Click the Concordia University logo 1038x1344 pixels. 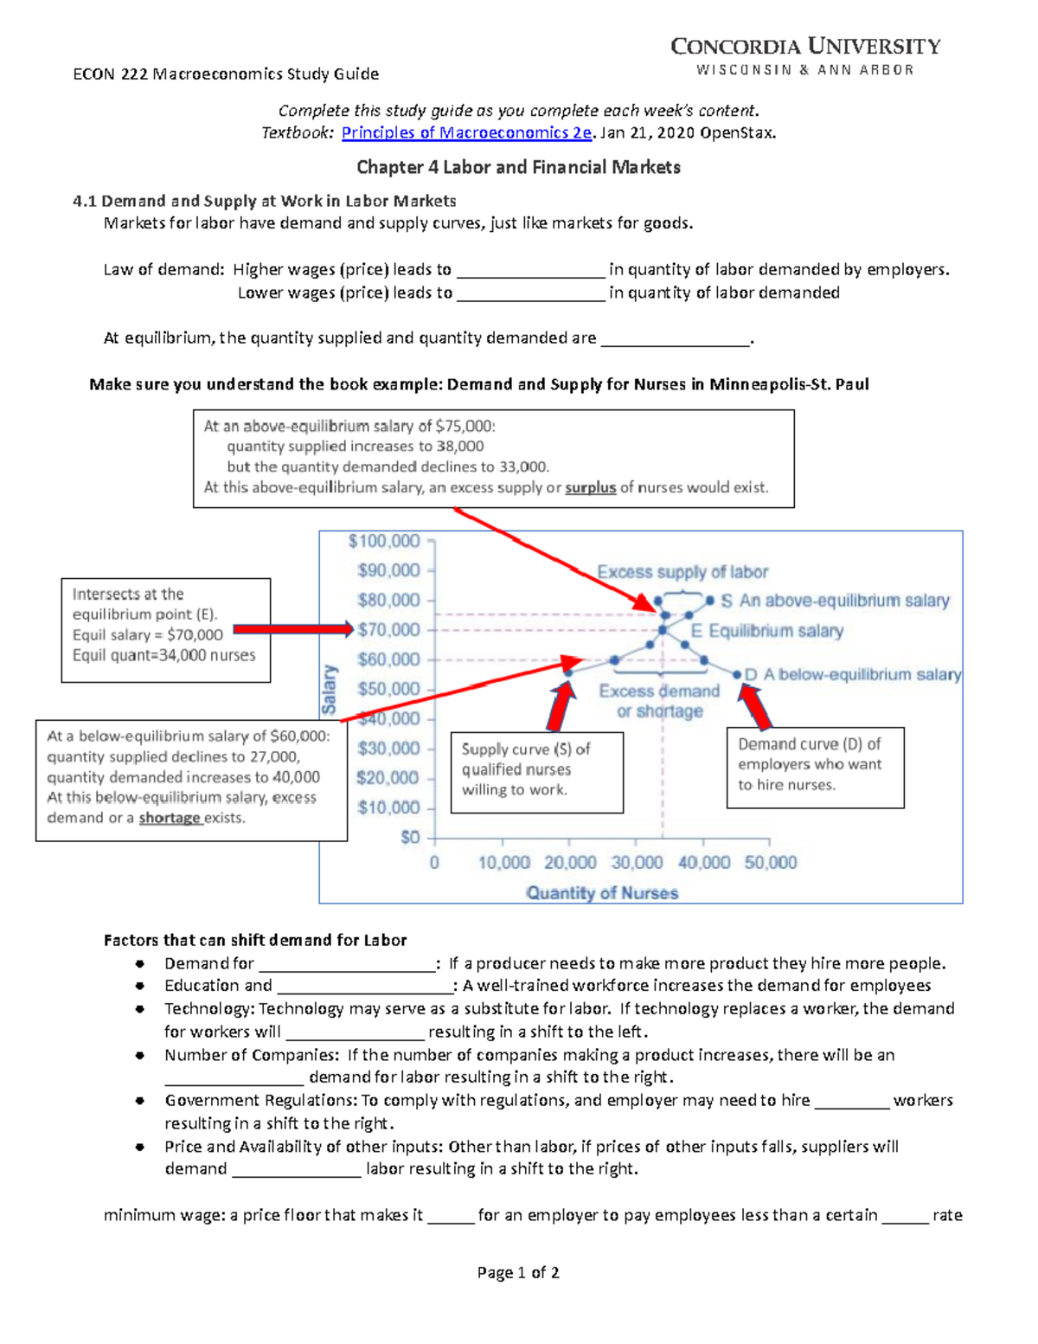click(805, 56)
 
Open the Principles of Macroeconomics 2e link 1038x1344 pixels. click(466, 132)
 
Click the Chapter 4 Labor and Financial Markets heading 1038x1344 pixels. click(518, 167)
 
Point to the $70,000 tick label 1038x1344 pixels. click(388, 629)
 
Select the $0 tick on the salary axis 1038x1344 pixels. click(410, 837)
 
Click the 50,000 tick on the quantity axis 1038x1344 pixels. click(771, 862)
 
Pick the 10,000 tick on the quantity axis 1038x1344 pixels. click(504, 862)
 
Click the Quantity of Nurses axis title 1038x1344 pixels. click(602, 892)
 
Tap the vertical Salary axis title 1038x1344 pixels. click(329, 689)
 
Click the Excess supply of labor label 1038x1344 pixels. click(682, 572)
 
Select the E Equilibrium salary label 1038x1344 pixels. click(766, 631)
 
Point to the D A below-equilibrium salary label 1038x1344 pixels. click(852, 674)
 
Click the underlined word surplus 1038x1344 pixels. click(590, 487)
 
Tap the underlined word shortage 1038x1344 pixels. click(170, 818)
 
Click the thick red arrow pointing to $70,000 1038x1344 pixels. click(292, 629)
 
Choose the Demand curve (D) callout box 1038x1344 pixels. click(815, 767)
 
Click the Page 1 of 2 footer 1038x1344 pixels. click(518, 1272)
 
